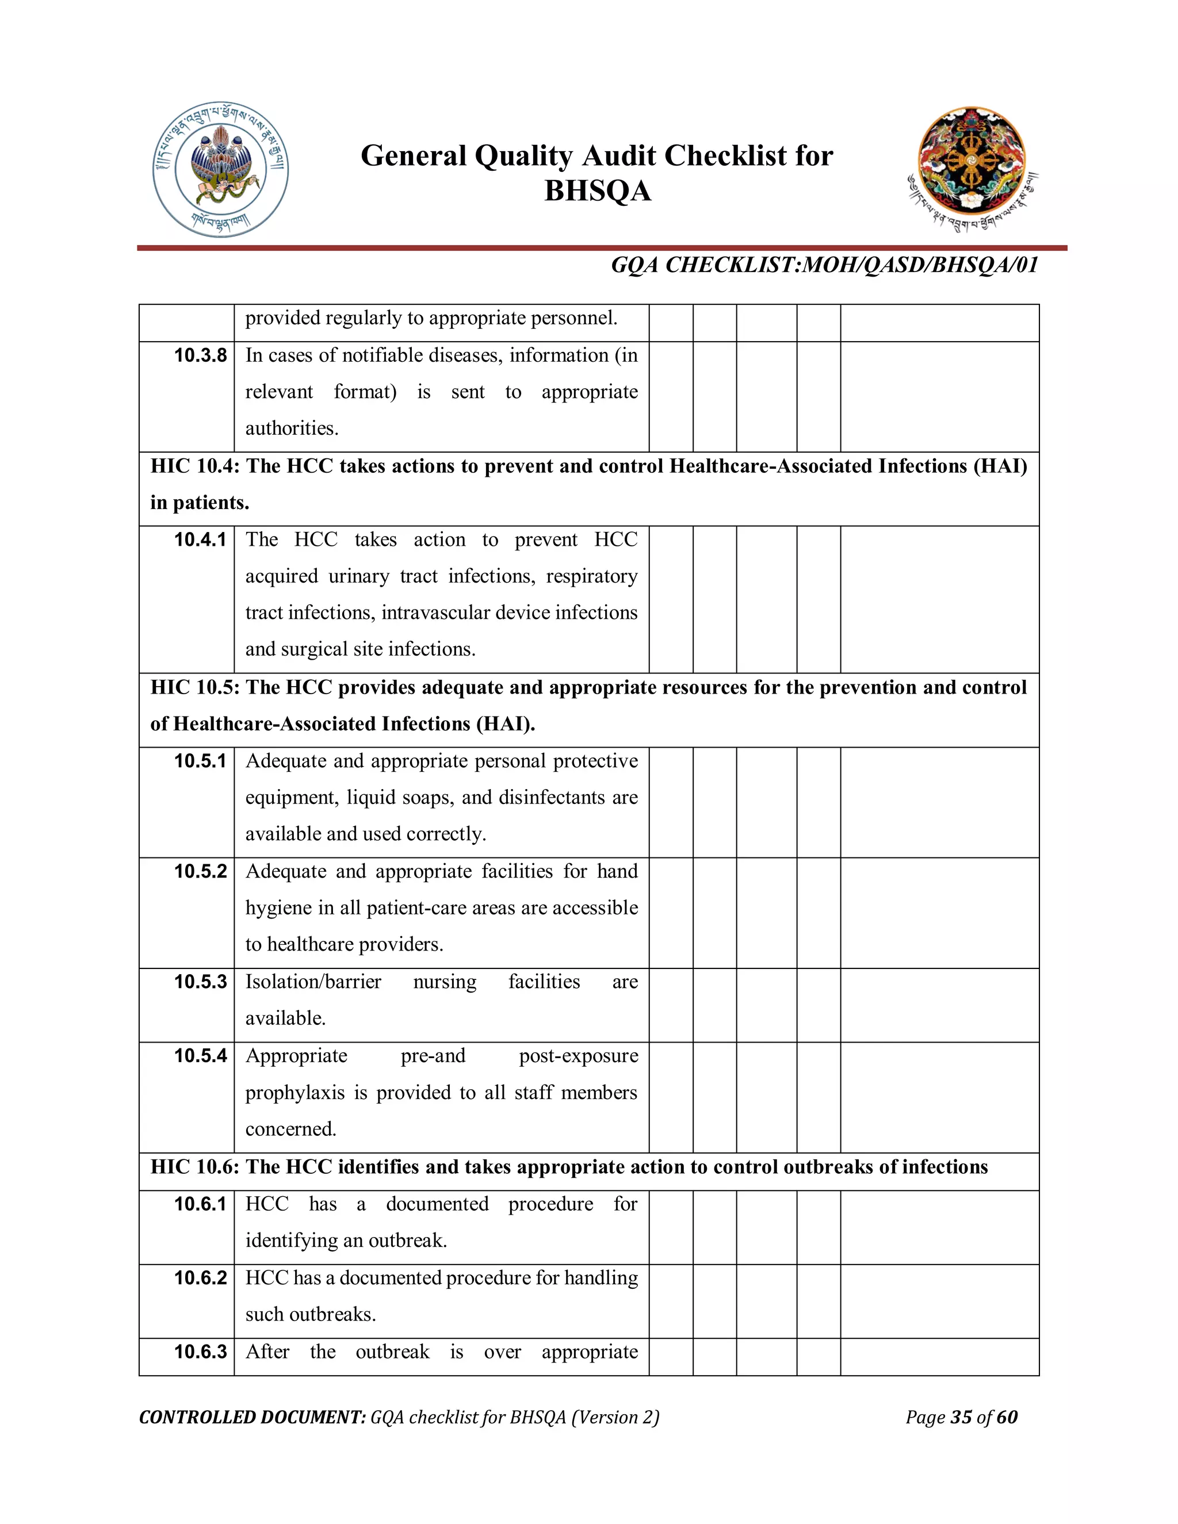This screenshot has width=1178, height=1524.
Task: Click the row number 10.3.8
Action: (200, 355)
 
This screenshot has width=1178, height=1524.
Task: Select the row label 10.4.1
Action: (200, 539)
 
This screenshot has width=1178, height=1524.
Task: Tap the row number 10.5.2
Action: (200, 871)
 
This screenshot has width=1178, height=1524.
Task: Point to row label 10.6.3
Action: (200, 1351)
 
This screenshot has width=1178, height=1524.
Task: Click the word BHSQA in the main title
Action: (598, 191)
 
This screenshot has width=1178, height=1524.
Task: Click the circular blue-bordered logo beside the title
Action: (220, 170)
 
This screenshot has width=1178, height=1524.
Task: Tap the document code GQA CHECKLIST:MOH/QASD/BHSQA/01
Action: (824, 265)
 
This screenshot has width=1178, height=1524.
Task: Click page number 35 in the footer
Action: (961, 1416)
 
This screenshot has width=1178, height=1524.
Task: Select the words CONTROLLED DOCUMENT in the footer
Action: (252, 1417)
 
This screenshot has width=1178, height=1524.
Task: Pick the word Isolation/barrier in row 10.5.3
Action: (313, 982)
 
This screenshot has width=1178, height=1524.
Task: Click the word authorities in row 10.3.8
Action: (290, 428)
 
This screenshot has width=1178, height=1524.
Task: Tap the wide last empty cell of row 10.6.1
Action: (939, 1227)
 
